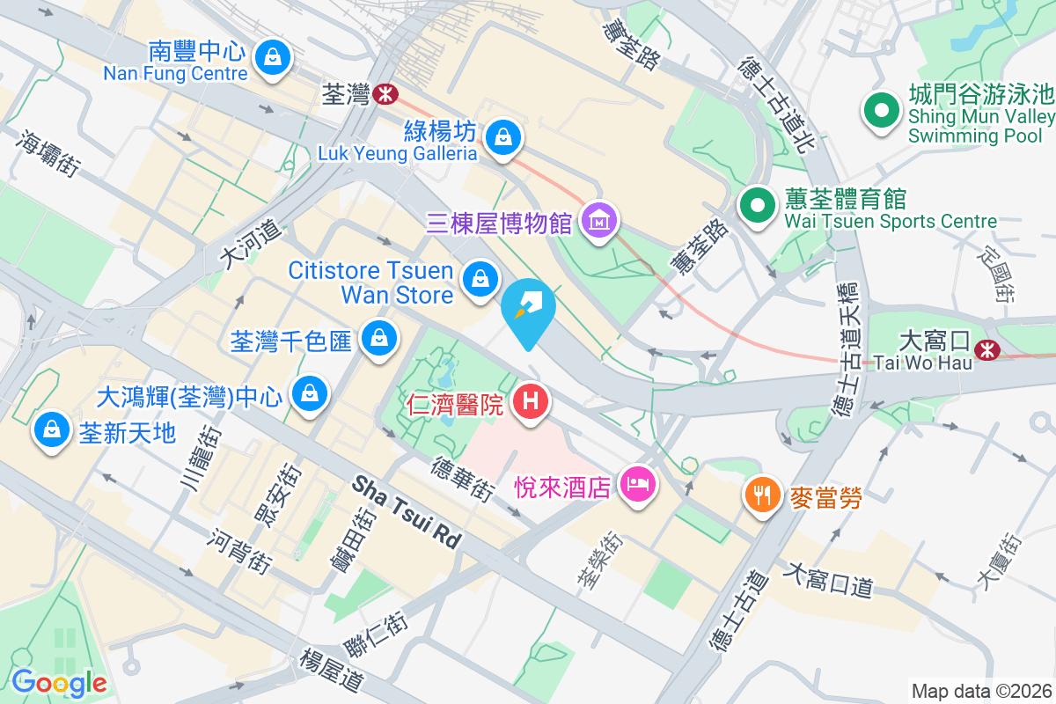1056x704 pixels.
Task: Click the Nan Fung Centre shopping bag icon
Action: (x=273, y=58)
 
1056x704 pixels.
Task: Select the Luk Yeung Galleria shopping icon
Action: (x=502, y=136)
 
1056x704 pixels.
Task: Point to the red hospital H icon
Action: (x=530, y=402)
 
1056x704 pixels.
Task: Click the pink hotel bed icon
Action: (x=636, y=483)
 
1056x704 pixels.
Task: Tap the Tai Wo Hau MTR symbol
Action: (x=988, y=350)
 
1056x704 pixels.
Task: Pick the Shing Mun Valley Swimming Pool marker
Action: (x=880, y=111)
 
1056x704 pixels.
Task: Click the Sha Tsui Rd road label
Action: (x=407, y=511)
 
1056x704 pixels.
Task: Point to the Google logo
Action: (x=59, y=682)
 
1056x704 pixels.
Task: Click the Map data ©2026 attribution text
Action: (x=981, y=691)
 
